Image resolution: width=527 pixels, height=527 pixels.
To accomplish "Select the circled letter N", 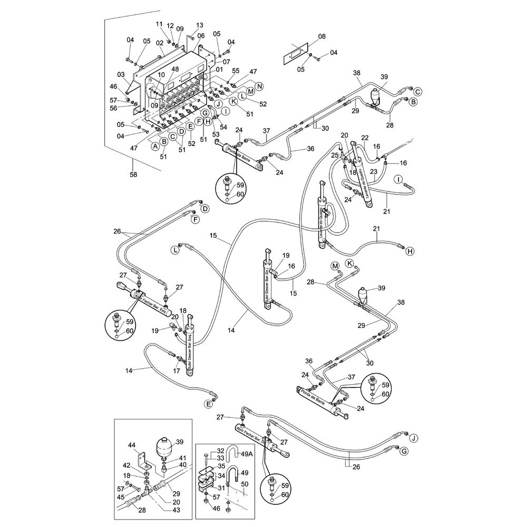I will (259, 86).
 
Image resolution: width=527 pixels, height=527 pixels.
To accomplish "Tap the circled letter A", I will (155, 147).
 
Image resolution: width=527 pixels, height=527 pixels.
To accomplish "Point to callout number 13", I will (199, 25).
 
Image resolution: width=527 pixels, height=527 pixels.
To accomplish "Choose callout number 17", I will (177, 371).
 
